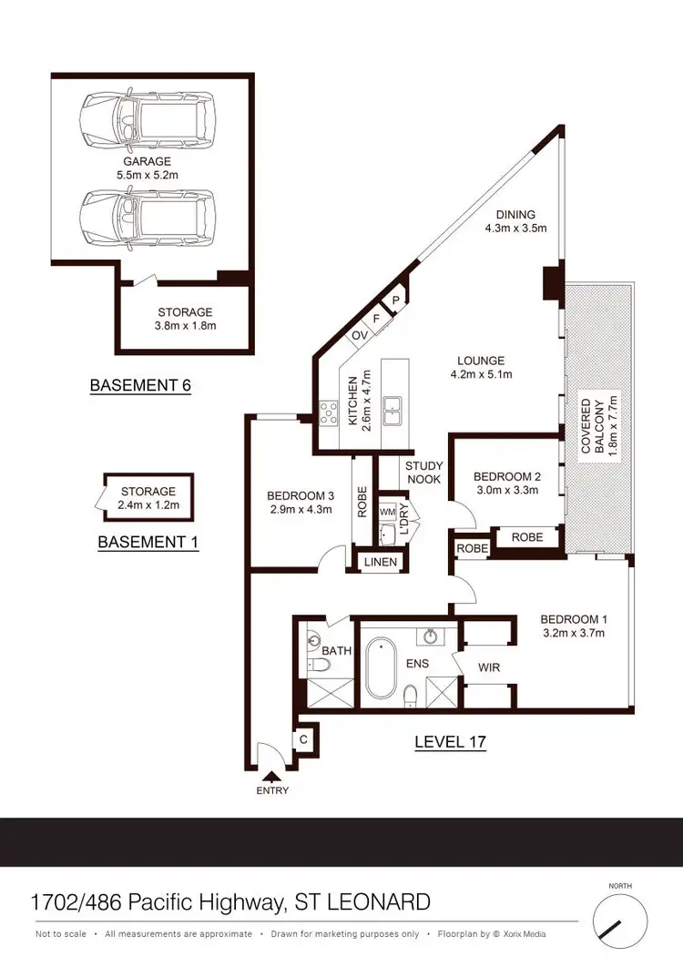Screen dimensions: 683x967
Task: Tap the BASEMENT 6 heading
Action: (140, 385)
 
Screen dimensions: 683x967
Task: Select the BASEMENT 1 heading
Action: (148, 542)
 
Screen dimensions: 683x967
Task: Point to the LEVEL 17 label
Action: (450, 742)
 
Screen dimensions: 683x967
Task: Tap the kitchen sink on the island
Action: (393, 411)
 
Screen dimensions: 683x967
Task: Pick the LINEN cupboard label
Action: (380, 563)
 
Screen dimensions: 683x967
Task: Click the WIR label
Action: (487, 667)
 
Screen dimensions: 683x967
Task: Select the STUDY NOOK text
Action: (423, 471)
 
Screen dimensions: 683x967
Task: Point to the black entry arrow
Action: (271, 776)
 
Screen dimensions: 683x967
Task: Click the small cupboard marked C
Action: (303, 740)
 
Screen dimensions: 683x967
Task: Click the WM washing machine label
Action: (386, 512)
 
